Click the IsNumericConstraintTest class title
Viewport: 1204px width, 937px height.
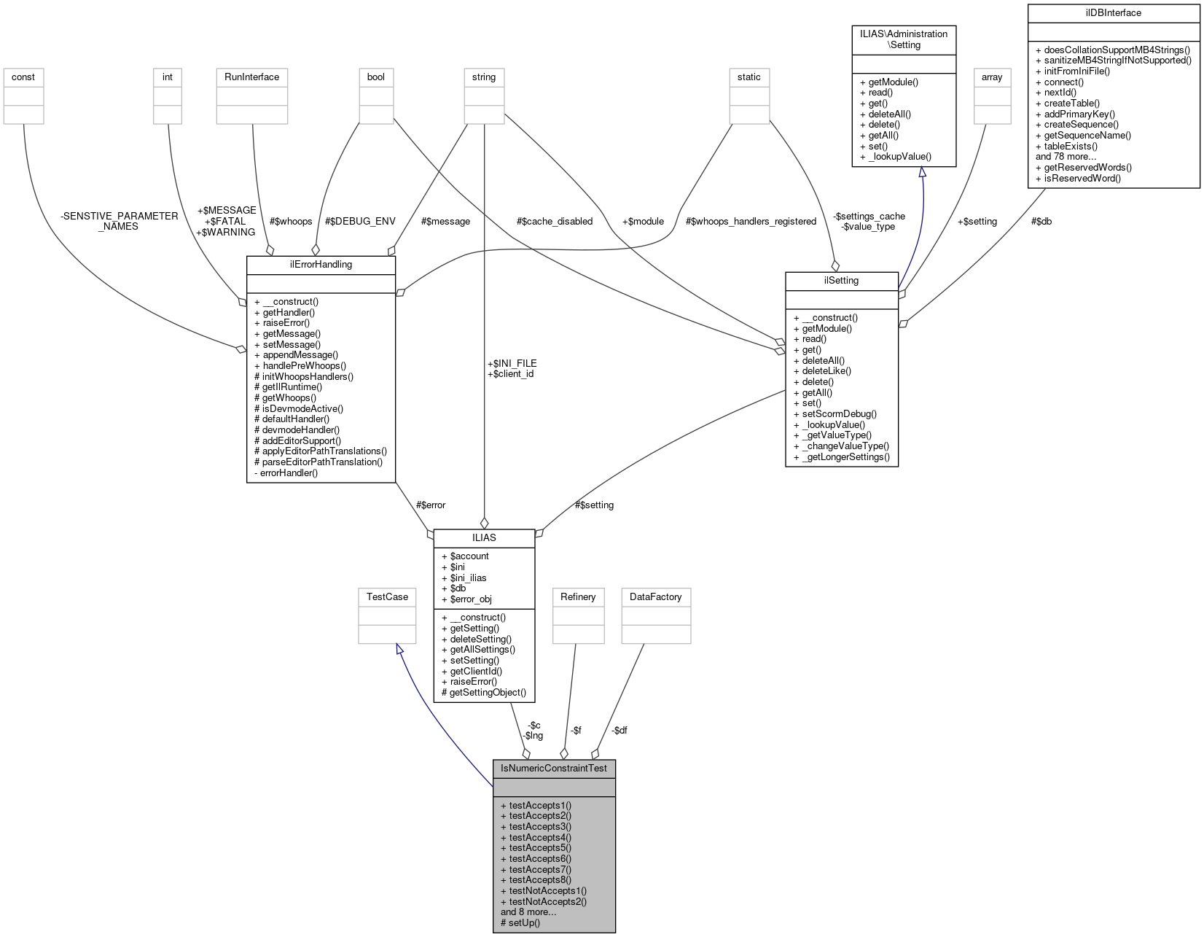[x=554, y=769]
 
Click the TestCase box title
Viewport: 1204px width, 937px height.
[x=387, y=597]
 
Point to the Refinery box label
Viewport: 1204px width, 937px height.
[x=578, y=597]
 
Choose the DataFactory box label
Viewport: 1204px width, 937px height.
[x=655, y=597]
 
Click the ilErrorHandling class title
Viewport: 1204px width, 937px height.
[x=321, y=265]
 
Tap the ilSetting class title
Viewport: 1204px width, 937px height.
[x=841, y=281]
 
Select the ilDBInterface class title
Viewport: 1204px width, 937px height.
[x=1113, y=13]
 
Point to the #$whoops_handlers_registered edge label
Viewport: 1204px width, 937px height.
[x=751, y=222]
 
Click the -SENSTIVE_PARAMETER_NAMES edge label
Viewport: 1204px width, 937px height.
[x=120, y=221]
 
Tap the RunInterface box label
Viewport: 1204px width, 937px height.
[x=251, y=77]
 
